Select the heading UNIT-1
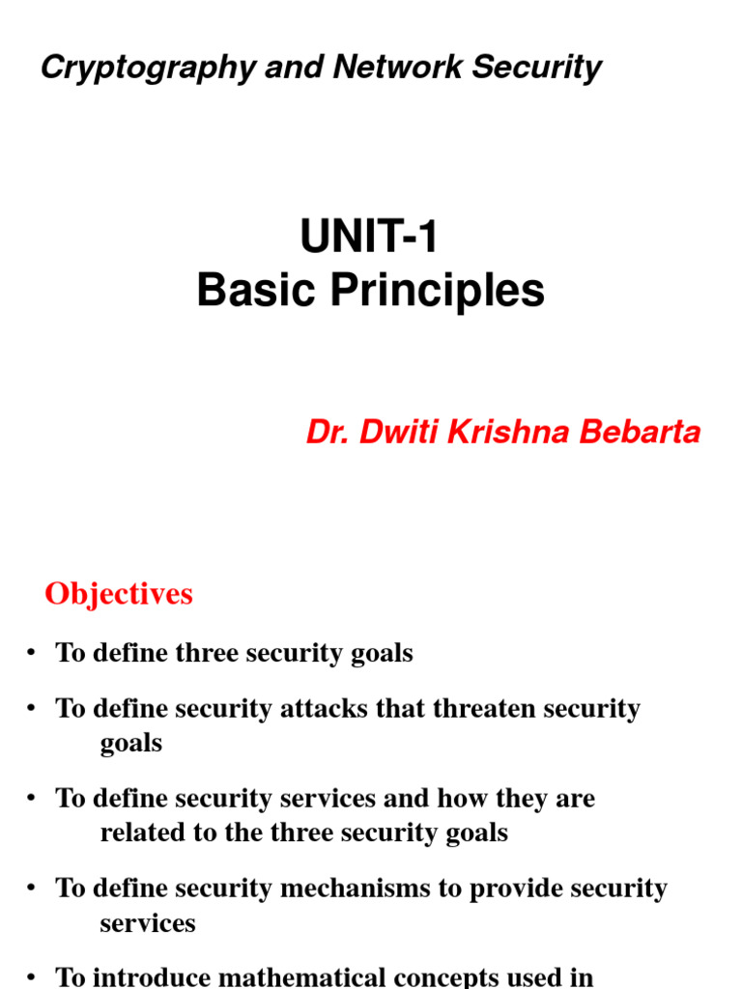tap(370, 238)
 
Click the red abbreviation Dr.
tap(328, 433)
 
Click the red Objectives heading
tap(119, 594)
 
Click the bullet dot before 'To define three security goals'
tap(32, 653)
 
